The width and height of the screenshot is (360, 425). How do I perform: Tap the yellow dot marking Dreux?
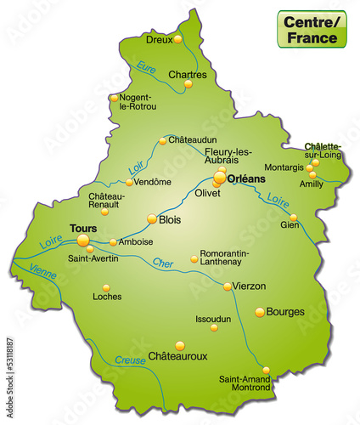177,39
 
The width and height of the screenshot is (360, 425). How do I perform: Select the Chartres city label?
187,75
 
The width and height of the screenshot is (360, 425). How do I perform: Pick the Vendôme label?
154,182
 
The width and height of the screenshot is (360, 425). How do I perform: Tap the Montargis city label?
284,167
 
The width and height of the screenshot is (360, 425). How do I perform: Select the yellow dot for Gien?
293,218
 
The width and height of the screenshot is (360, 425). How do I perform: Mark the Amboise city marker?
113,242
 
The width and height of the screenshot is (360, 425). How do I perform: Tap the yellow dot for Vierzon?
228,286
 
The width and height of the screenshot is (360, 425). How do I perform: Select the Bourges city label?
285,312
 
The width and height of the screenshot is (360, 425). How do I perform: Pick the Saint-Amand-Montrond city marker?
266,370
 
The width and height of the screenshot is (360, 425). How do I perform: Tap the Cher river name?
162,263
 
